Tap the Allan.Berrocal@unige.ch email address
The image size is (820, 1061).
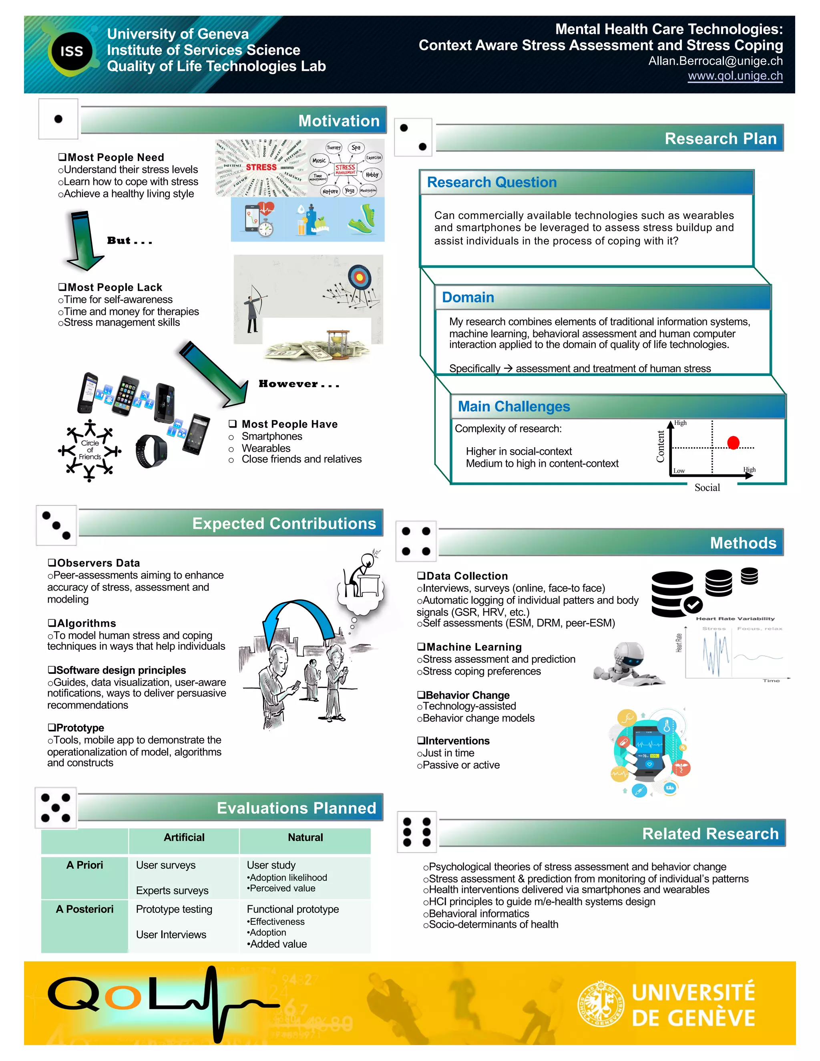point(715,61)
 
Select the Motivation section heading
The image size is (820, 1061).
point(339,121)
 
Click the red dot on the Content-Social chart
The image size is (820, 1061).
point(733,442)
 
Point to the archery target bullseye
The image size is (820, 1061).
point(360,277)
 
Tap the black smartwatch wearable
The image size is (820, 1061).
point(151,451)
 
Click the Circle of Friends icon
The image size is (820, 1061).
point(90,450)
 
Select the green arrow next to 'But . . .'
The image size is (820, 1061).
point(83,241)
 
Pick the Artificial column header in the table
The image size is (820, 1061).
point(184,837)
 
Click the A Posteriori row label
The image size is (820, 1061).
point(84,909)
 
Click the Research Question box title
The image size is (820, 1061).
point(492,182)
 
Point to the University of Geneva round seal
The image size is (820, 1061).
point(601,1004)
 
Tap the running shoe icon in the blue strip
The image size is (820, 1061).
point(362,219)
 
